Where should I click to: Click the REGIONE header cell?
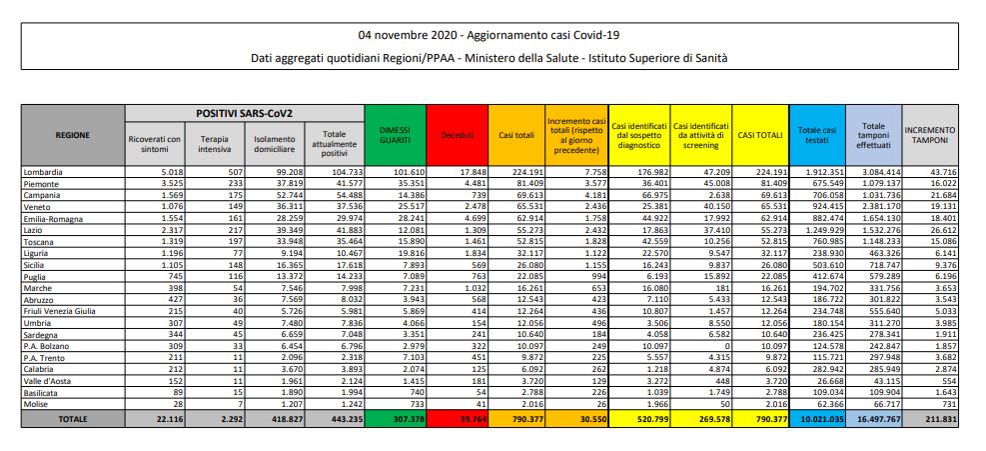[x=73, y=135]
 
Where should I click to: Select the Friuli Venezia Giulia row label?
[x=63, y=311]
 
